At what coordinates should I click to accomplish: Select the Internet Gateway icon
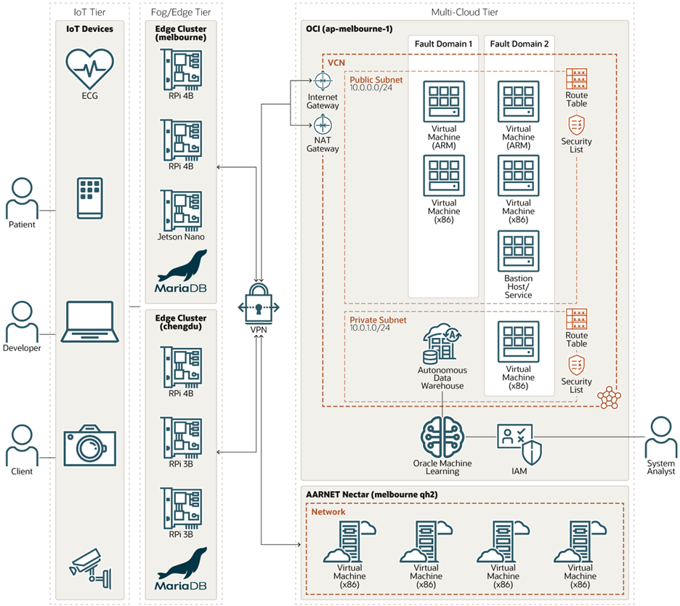tap(323, 80)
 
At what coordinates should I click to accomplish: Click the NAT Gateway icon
tap(323, 124)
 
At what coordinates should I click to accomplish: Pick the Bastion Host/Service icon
tap(518, 251)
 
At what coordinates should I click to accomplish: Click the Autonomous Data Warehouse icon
tap(442, 344)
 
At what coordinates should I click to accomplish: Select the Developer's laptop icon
tap(90, 321)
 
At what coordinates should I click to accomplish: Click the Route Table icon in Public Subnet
tap(577, 78)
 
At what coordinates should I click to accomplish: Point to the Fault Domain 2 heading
tap(519, 44)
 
